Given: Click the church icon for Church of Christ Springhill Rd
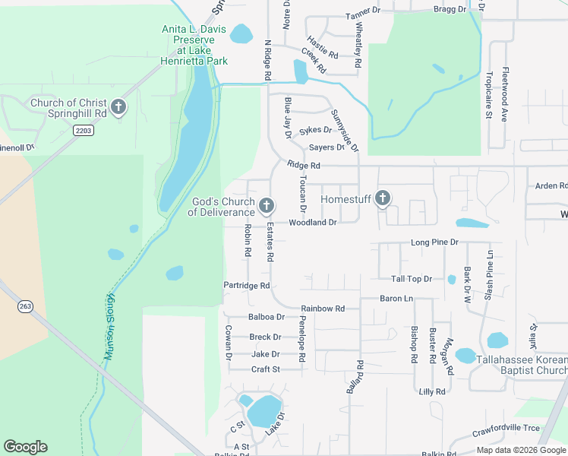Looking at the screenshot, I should (118, 107).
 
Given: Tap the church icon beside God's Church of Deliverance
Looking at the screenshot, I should (267, 205).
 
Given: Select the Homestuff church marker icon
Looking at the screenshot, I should (382, 199).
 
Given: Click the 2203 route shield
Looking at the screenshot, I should (84, 131).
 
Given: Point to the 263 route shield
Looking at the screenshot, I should (25, 306).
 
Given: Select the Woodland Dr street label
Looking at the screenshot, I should (312, 223).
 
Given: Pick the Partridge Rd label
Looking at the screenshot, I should (247, 286).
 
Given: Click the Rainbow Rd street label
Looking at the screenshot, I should (323, 309).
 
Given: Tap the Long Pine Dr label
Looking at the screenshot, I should (434, 242).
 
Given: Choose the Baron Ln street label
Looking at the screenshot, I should (396, 299).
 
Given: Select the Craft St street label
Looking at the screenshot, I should (266, 369).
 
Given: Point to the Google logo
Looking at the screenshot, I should (25, 447).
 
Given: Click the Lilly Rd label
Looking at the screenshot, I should (432, 391).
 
